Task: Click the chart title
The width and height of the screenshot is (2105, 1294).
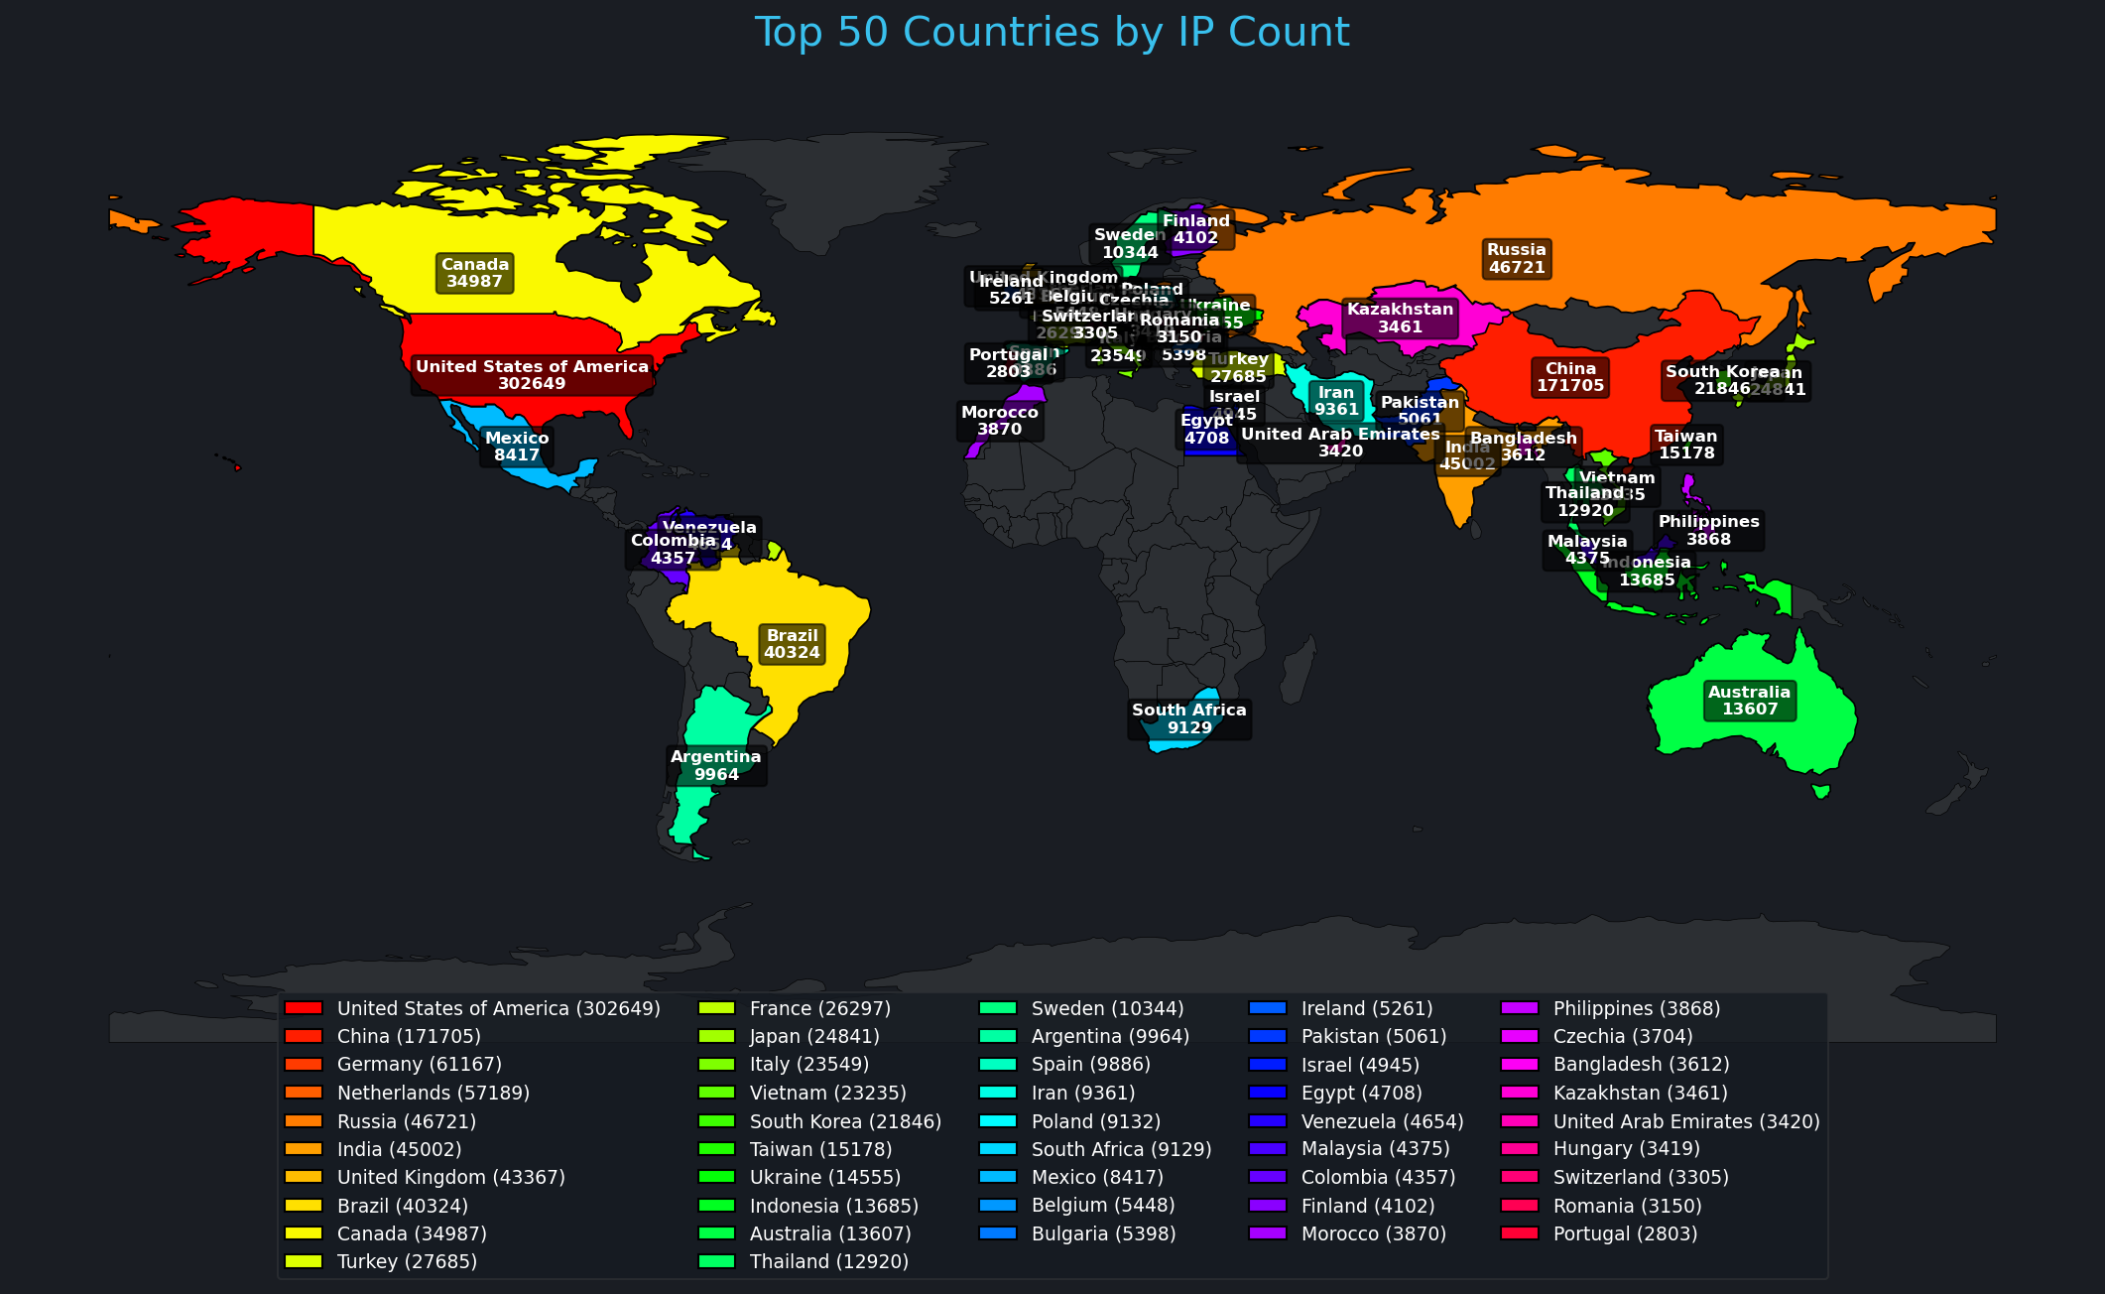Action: click(x=1052, y=33)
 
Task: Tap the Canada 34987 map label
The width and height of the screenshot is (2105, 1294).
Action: click(x=474, y=273)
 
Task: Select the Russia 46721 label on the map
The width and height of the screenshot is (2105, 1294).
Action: click(x=1516, y=259)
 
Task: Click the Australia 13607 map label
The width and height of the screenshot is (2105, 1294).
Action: click(x=1749, y=701)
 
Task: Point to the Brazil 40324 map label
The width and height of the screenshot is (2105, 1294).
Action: click(x=792, y=644)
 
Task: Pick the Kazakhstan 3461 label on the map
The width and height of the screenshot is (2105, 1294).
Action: click(x=1400, y=319)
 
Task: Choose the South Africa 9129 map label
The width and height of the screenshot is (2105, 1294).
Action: click(x=1188, y=719)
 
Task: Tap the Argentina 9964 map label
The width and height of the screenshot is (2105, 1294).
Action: click(x=715, y=766)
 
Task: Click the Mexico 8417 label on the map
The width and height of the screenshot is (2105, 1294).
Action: click(x=517, y=447)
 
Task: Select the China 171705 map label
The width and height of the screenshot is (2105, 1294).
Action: click(x=1570, y=377)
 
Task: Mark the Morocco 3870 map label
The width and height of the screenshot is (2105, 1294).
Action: click(x=999, y=421)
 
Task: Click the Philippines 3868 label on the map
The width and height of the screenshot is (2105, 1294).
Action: click(x=1708, y=531)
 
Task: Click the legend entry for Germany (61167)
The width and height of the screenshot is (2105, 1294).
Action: click(x=419, y=1065)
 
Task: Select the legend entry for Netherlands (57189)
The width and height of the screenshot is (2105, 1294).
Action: click(x=433, y=1094)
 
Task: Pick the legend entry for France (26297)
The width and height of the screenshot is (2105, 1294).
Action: click(x=819, y=1009)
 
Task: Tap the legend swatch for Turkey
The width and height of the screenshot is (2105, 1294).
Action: click(x=304, y=1262)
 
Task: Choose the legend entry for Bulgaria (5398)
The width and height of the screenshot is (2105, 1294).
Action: click(x=1103, y=1234)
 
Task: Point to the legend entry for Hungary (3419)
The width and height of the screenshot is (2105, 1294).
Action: click(x=1626, y=1149)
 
